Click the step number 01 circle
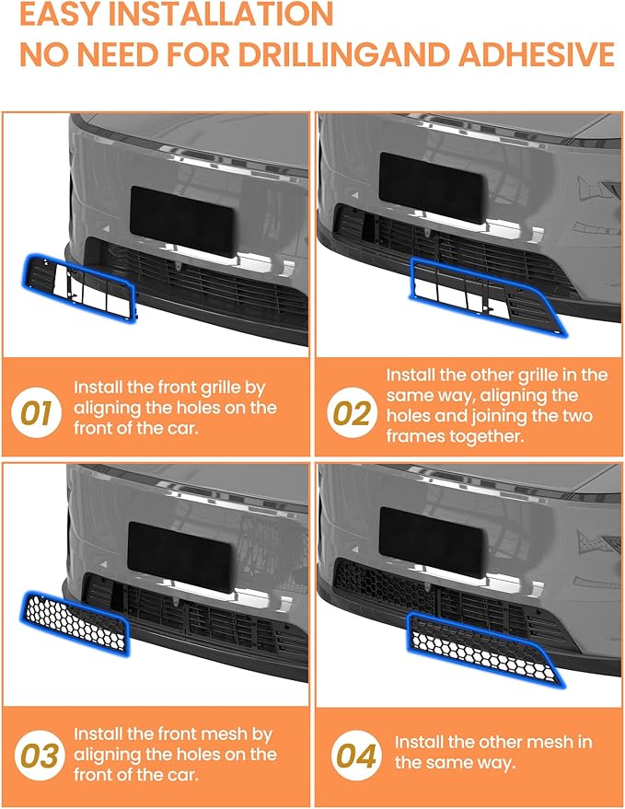[37, 413]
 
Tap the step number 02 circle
[352, 413]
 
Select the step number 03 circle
[40, 756]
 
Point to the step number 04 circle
[356, 756]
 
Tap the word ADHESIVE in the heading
[537, 54]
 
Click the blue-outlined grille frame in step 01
[79, 286]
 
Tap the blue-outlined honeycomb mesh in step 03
[76, 623]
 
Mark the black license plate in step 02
[432, 188]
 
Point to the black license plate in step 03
[179, 557]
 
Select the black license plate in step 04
[432, 542]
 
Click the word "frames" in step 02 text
[415, 436]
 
